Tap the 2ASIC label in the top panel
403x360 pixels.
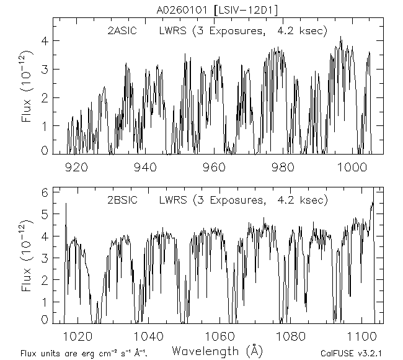point(123,30)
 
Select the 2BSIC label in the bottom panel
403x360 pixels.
point(123,200)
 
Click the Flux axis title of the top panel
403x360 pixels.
point(27,93)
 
